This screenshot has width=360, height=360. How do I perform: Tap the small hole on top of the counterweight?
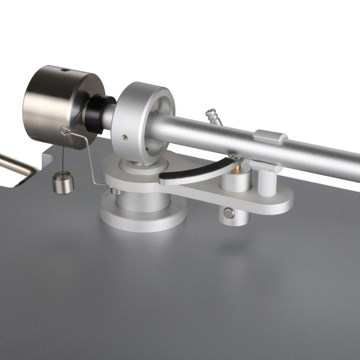(x=64, y=70)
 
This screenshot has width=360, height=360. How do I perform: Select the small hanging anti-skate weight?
(x=62, y=182)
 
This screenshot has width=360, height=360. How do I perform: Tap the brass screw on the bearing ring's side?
(x=124, y=137)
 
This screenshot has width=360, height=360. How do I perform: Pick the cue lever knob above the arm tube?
(x=212, y=114)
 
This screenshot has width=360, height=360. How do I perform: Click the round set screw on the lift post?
(x=228, y=213)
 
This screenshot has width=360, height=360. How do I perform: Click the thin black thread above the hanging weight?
(x=61, y=153)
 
